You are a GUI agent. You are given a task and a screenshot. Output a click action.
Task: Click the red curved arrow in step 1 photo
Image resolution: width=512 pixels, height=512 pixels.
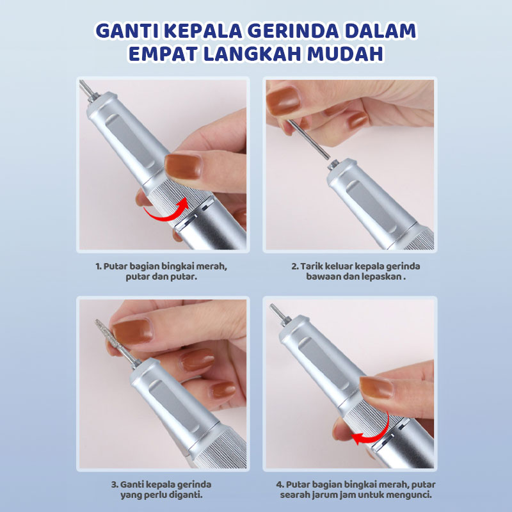[166, 210]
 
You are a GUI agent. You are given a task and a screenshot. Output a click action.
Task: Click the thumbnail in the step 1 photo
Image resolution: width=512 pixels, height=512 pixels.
[183, 166]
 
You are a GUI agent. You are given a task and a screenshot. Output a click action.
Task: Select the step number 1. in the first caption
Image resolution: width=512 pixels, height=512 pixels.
[99, 266]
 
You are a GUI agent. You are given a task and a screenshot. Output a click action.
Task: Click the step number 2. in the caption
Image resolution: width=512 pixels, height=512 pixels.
[295, 266]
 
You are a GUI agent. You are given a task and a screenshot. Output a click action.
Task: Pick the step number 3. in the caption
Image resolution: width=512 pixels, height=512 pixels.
[115, 484]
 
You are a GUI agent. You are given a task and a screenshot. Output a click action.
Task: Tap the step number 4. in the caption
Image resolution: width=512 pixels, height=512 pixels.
[280, 484]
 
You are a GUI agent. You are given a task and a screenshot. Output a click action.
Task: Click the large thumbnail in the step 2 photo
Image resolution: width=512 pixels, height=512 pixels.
[283, 101]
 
